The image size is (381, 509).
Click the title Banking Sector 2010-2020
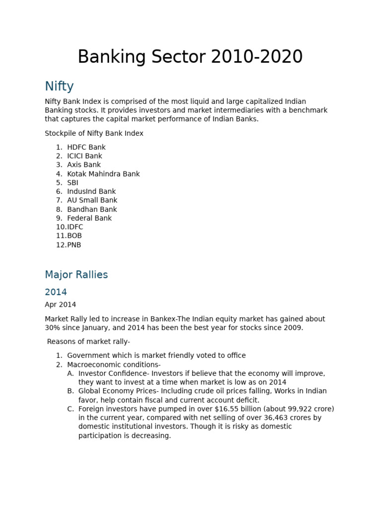click(190, 57)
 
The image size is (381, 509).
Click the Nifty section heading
click(59, 86)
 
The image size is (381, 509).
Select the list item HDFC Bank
click(86, 147)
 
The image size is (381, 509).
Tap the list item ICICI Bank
click(84, 156)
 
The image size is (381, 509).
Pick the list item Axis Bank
click(84, 165)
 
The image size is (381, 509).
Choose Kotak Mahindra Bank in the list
click(103, 174)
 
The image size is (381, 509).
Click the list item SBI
click(73, 182)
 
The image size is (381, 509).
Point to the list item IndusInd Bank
click(91, 191)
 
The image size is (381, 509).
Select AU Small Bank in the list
click(92, 200)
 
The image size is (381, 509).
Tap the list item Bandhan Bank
click(92, 209)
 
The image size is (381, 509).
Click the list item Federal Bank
click(89, 218)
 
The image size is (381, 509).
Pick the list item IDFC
click(75, 227)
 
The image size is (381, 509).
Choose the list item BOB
click(74, 236)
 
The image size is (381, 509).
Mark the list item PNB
click(74, 245)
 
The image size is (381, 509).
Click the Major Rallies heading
click(76, 275)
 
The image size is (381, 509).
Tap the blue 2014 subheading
click(56, 292)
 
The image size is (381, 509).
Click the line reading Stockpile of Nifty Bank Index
click(94, 133)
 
